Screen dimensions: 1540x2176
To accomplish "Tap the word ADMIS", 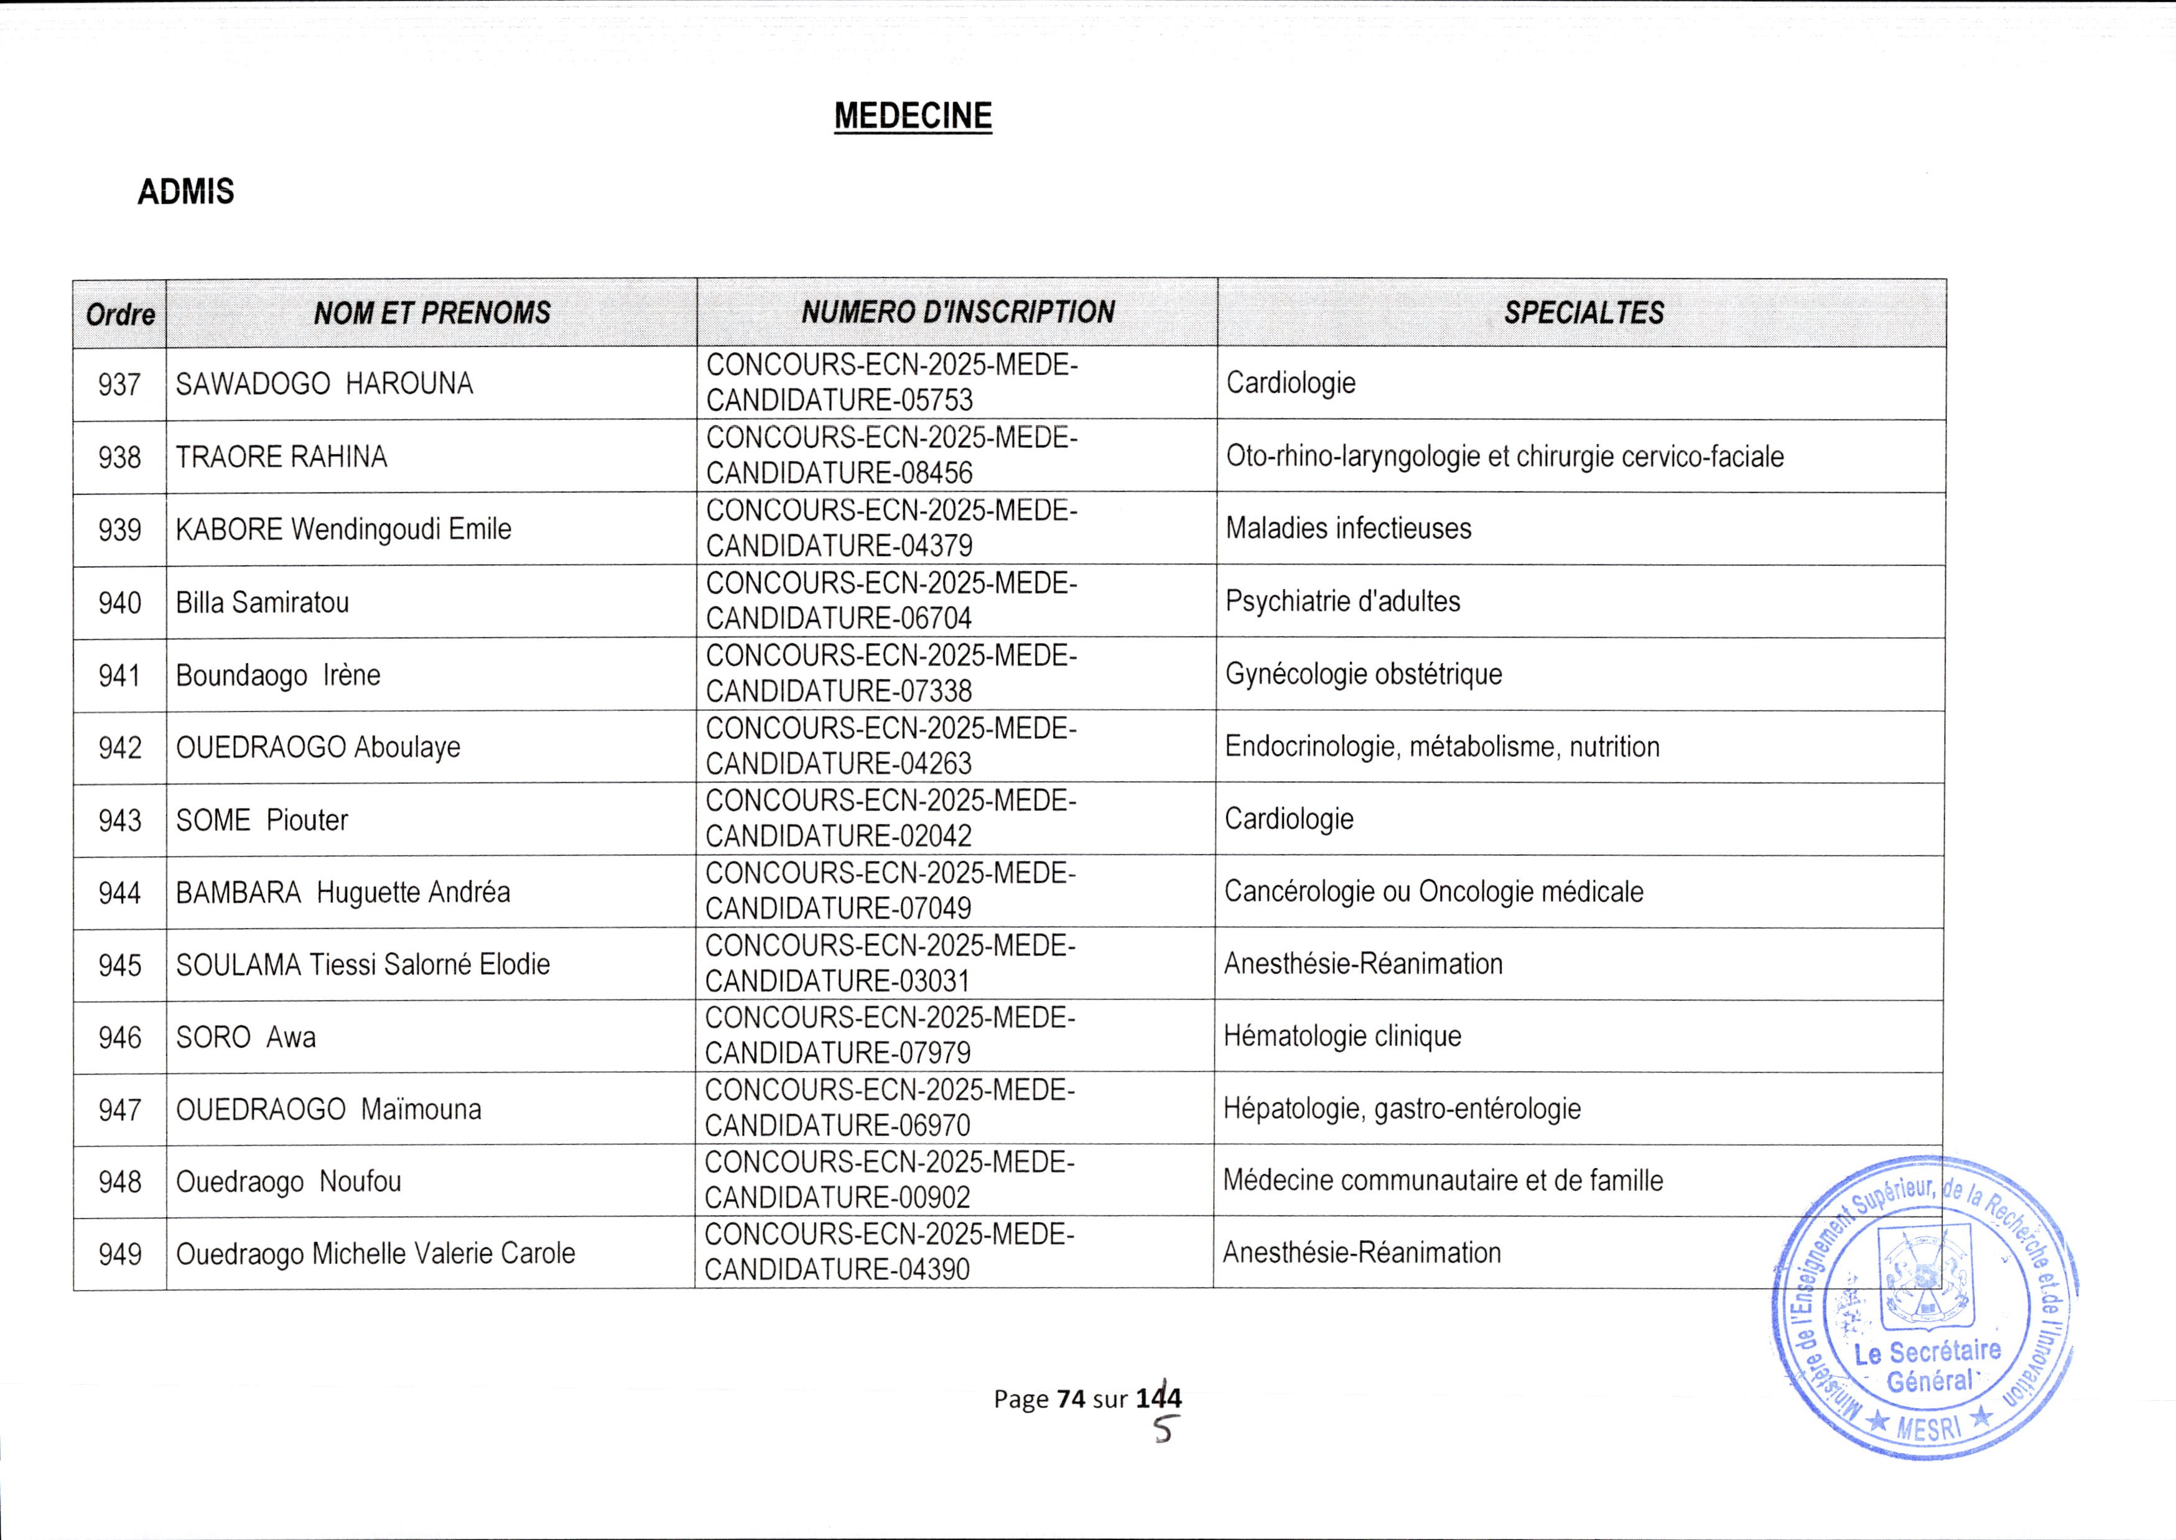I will (x=186, y=193).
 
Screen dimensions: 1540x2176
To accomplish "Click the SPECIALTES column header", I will (x=1583, y=313).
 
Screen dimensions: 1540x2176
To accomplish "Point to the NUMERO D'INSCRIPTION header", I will (x=957, y=312).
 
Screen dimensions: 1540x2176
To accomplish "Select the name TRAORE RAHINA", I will (x=282, y=457).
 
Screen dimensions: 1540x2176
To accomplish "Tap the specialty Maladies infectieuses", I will (x=1348, y=528).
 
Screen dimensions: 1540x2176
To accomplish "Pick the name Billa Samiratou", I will (x=263, y=602).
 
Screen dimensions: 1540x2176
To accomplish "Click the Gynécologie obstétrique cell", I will (x=1364, y=674).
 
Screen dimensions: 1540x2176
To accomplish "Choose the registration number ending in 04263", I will (x=891, y=746).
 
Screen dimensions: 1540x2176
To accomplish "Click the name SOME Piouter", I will (x=262, y=820).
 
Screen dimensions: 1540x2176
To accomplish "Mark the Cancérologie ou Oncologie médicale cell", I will (x=1434, y=891).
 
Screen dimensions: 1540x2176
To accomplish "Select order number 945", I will (x=119, y=965).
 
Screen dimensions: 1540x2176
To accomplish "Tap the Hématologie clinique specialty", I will (x=1342, y=1036).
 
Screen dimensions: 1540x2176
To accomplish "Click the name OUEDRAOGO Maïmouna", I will (x=328, y=1110).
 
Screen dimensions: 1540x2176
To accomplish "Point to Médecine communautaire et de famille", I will (x=1442, y=1181).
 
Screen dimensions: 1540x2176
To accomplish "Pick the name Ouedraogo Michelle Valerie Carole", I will (x=376, y=1254).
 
